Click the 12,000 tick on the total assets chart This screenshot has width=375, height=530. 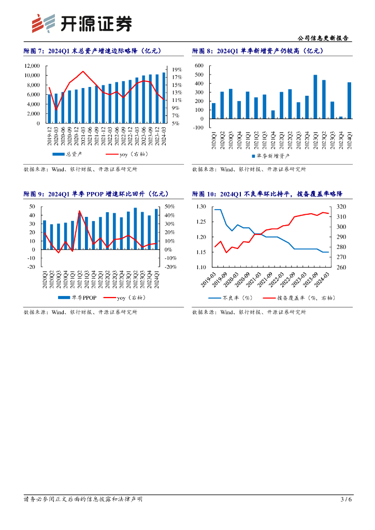coord(32,66)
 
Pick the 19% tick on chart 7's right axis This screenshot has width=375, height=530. coord(176,69)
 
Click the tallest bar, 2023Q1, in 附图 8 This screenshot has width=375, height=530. coord(315,97)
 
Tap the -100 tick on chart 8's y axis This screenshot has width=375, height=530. coord(199,127)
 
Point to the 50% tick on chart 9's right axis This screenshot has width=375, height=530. coord(170,207)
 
